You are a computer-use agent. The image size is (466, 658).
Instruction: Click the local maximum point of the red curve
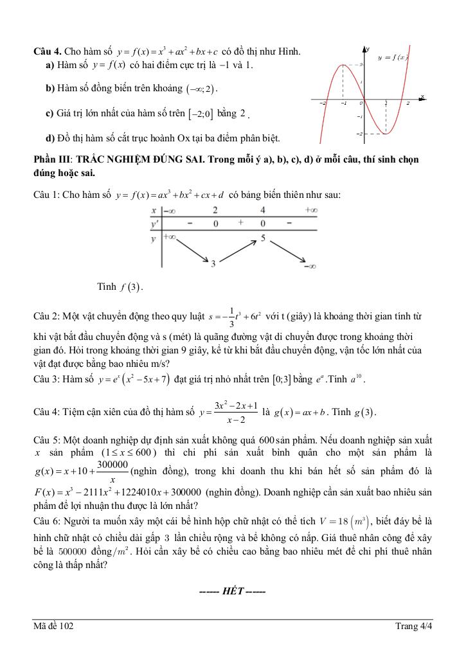point(343,64)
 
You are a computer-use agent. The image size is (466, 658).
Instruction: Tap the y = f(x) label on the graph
point(393,58)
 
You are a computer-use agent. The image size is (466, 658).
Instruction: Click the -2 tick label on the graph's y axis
point(360,133)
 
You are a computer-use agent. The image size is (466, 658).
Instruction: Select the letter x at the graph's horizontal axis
point(422,96)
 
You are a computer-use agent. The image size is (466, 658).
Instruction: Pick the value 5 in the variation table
point(262,238)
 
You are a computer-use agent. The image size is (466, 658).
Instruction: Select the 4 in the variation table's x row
point(262,210)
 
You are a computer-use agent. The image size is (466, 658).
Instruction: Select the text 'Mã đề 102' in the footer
point(54,627)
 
